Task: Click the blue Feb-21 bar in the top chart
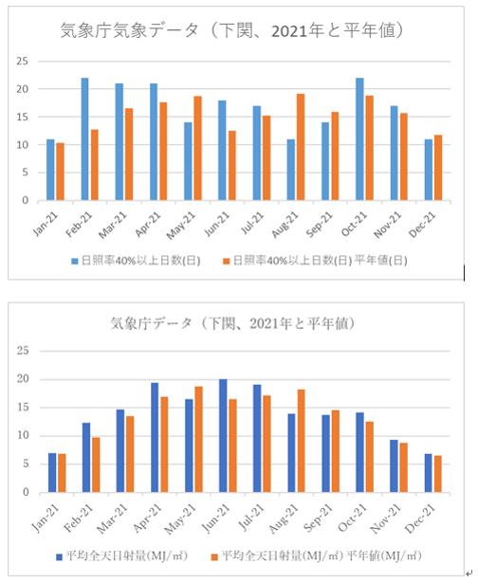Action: (85, 139)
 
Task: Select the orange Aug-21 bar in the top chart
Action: (301, 147)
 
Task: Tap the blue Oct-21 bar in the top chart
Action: (359, 139)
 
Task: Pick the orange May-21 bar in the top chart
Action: (197, 148)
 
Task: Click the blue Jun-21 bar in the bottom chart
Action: (223, 436)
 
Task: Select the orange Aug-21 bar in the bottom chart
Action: (301, 441)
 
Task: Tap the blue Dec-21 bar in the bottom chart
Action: (429, 473)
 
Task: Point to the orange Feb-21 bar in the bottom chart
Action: (96, 465)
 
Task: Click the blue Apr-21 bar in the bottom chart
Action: (155, 438)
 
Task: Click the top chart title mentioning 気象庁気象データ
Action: (231, 30)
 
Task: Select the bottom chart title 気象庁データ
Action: (232, 323)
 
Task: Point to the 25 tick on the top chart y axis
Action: (23, 61)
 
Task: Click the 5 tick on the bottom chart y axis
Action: (26, 465)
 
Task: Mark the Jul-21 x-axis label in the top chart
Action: (252, 223)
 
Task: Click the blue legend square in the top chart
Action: (75, 262)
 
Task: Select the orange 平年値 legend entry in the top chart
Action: (315, 261)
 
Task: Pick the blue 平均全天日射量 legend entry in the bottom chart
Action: (121, 557)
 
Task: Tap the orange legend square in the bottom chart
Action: (214, 557)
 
